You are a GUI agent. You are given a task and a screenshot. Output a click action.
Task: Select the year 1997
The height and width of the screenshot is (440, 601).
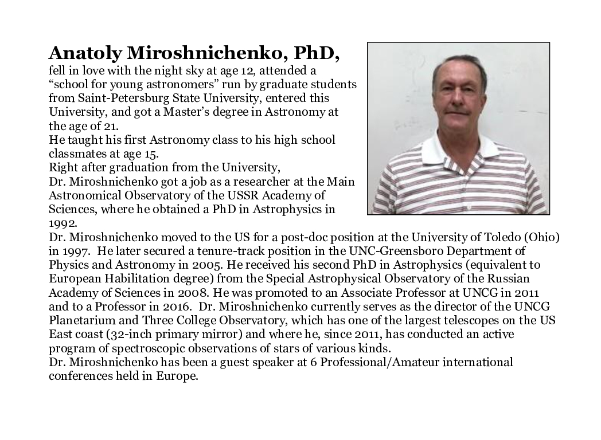tap(75, 250)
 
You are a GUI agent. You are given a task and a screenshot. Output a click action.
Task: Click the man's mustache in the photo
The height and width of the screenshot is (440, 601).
tap(456, 110)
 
